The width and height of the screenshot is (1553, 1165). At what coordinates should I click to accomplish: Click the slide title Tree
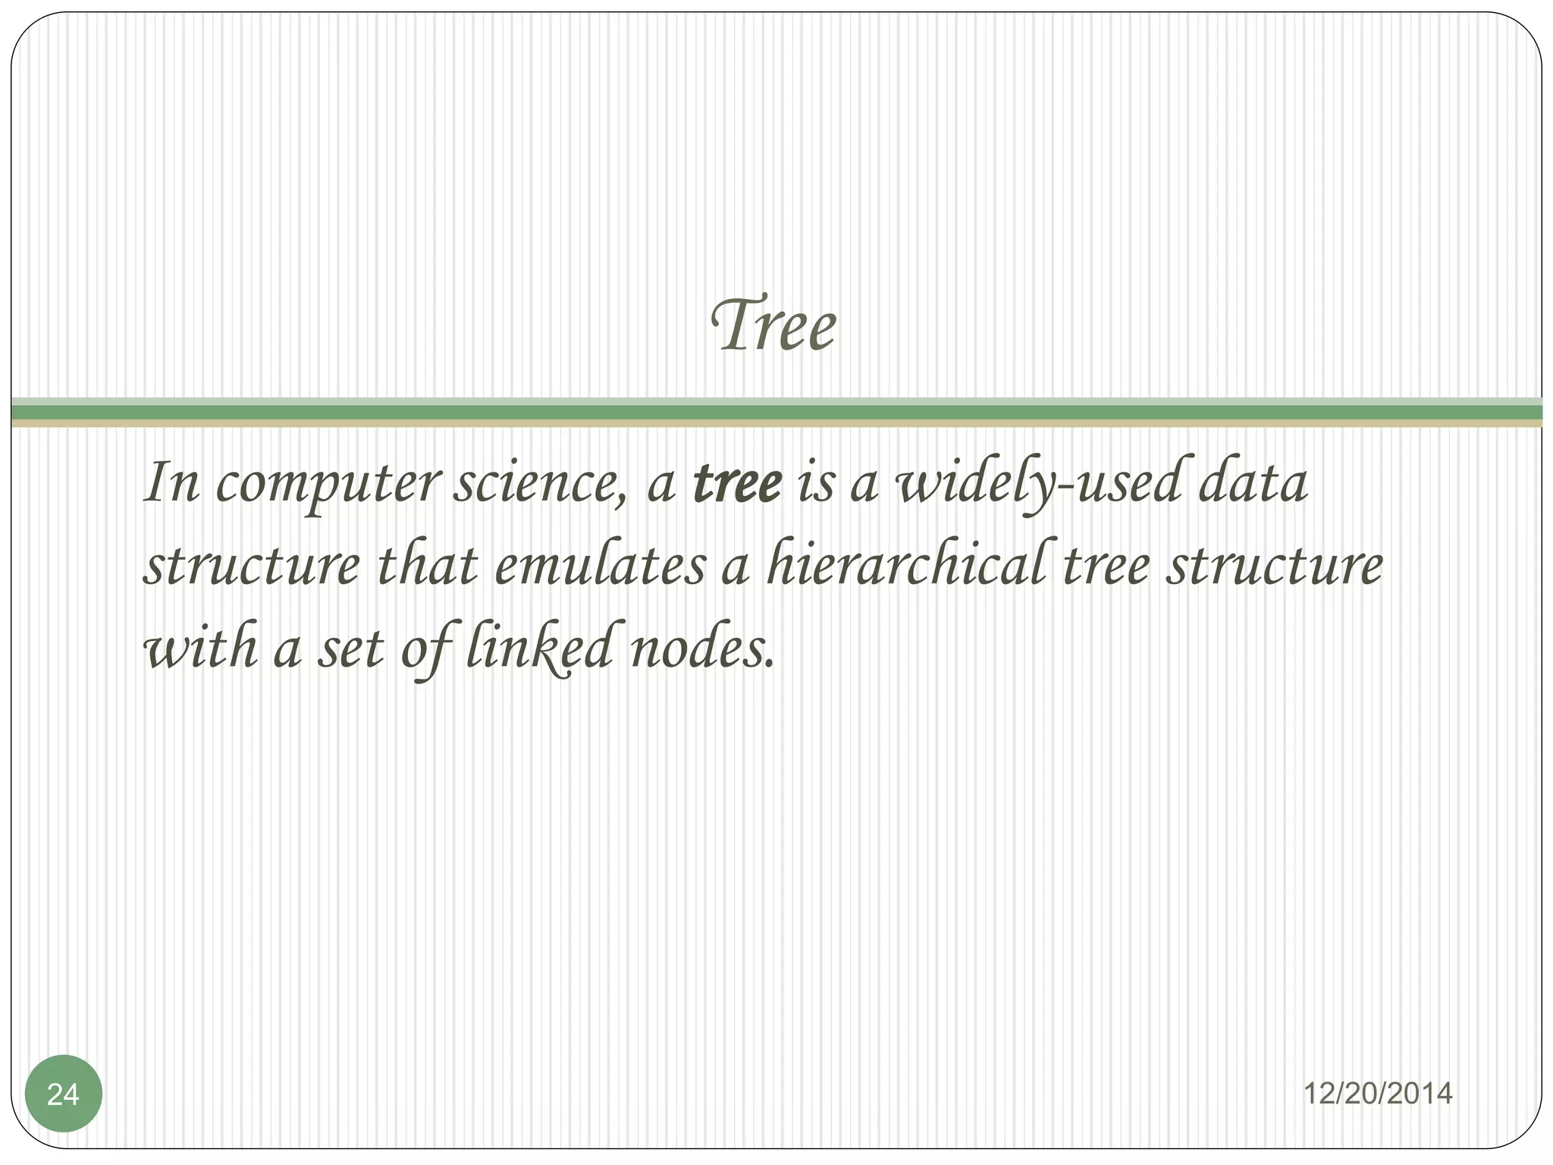pos(774,327)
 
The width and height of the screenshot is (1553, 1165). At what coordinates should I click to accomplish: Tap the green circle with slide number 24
pos(63,1094)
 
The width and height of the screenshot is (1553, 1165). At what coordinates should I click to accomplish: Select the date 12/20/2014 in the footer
pos(1378,1094)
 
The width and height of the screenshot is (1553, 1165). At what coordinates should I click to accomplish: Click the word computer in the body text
pos(327,485)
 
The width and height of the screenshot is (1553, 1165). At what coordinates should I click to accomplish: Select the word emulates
pos(599,567)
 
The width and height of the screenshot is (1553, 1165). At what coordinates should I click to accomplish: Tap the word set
pos(350,651)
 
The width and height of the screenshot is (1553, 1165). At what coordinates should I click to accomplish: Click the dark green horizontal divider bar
pos(776,412)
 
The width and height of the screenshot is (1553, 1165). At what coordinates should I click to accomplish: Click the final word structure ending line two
pos(1274,567)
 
